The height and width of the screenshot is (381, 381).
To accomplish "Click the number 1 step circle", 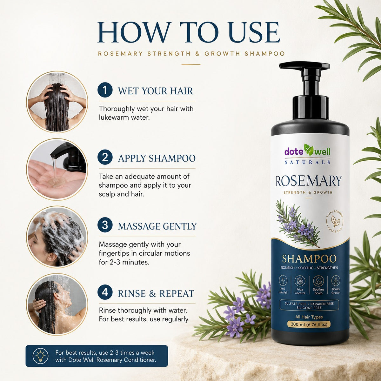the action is pos(105,90).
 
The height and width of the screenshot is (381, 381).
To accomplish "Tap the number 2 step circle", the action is pos(105,157).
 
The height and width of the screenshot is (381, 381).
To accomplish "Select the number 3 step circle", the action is pos(105,225).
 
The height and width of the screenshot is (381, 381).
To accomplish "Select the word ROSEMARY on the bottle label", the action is pos(308,181).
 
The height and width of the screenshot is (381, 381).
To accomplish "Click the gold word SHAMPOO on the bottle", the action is pos(309,259).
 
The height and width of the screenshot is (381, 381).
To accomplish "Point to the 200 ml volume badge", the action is pos(309,324).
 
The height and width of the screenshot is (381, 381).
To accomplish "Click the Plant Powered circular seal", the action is pos(335,222).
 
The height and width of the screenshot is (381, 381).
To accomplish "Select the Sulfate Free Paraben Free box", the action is pos(309,306).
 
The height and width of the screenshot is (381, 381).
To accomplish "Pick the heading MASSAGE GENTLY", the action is pos(157,226).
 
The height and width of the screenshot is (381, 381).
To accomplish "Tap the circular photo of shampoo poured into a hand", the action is pos(57,170).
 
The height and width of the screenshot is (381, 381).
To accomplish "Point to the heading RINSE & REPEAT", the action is pos(156,294).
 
